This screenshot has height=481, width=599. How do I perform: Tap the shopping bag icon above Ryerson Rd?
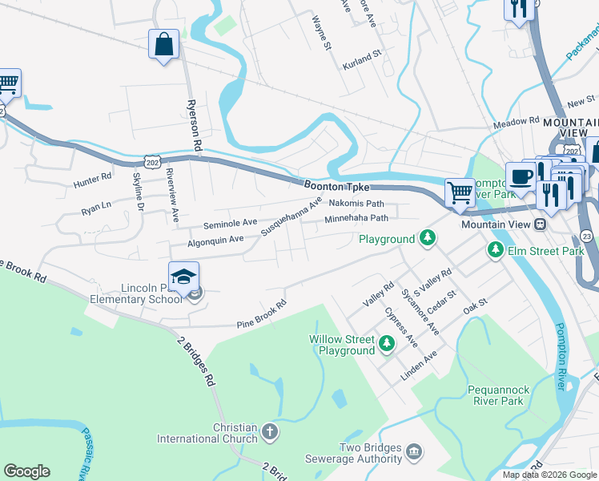163,45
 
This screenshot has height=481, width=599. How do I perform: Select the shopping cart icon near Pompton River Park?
460,192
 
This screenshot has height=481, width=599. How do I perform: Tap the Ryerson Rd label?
192,125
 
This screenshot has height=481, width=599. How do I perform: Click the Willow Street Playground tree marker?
387,344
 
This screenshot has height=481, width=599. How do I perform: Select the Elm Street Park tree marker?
496,251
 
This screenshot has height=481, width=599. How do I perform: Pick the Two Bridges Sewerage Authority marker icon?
413,454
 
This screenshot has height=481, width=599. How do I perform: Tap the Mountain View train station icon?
541,224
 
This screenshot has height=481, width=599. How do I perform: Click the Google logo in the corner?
26,471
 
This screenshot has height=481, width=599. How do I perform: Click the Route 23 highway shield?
586,236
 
